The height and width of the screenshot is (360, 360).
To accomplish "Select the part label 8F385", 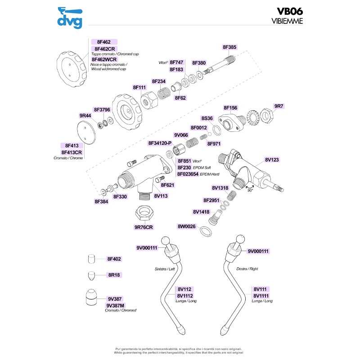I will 229,47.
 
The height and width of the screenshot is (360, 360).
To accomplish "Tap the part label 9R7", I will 279,106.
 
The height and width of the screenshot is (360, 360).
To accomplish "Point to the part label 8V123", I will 272,159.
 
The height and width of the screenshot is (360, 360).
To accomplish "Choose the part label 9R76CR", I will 144,227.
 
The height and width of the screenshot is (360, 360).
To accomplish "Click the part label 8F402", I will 114,259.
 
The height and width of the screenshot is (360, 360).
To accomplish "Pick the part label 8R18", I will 114,274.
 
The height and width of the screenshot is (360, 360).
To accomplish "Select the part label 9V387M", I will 115,305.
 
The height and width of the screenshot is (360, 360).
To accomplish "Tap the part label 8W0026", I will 186,226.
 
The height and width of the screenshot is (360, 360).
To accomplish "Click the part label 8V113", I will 161,196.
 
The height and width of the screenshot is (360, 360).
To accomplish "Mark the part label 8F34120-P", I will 160,143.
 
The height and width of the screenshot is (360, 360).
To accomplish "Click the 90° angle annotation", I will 250,190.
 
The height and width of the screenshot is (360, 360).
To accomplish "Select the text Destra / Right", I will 247,269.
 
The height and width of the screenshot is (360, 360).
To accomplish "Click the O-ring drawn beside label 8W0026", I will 206,231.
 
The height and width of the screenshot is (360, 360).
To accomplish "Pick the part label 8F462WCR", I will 104,59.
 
